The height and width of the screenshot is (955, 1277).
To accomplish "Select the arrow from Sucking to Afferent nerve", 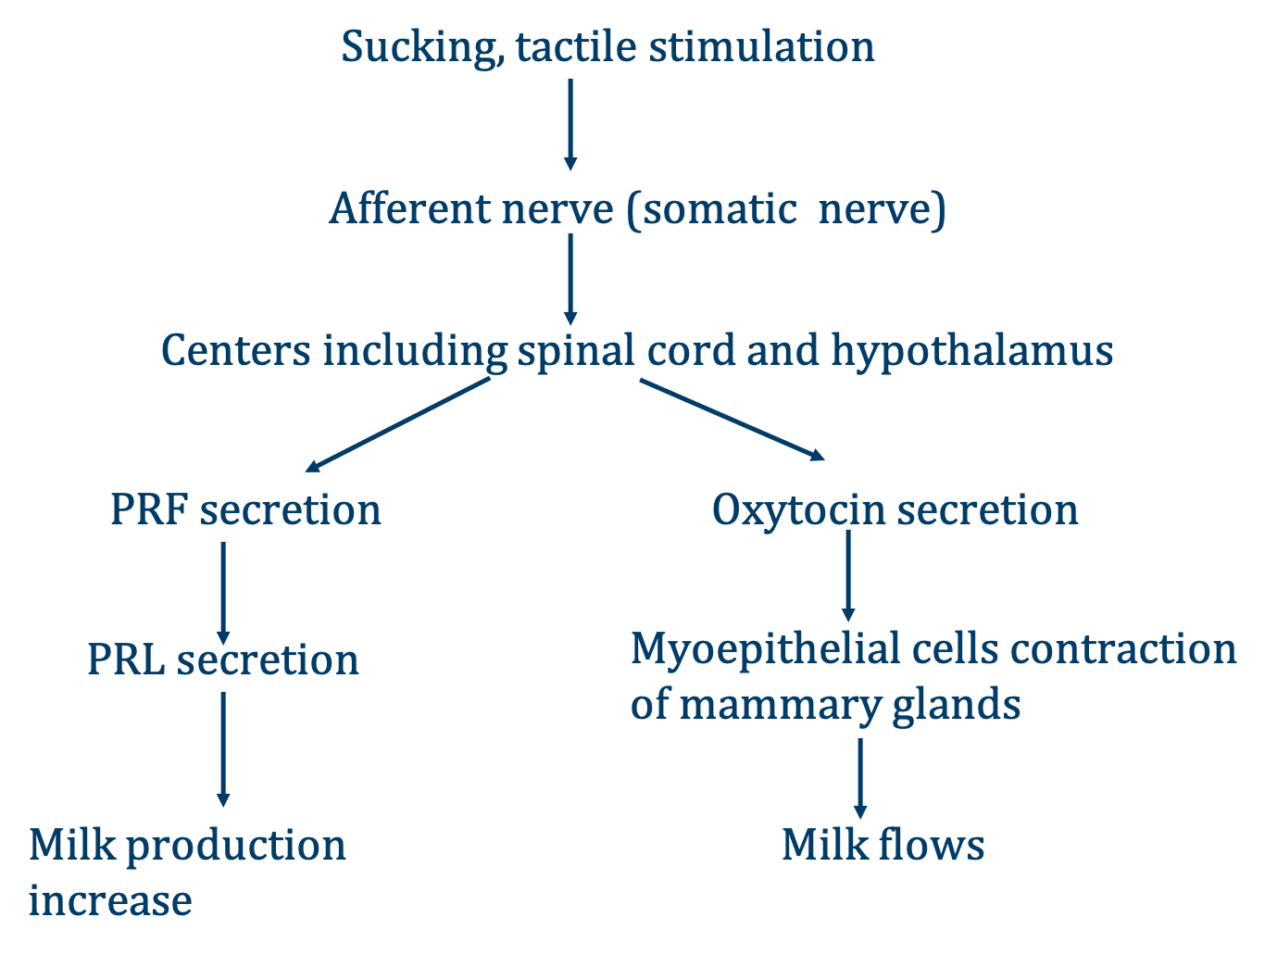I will tap(570, 124).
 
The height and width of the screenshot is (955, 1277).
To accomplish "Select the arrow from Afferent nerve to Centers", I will tap(570, 278).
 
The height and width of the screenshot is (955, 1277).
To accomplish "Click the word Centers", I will tap(236, 351).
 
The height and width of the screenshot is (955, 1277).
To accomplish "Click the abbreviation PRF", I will tap(148, 510).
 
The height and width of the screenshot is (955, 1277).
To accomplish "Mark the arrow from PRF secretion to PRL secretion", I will tap(223, 592).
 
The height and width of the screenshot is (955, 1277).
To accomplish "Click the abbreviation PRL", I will tap(126, 660).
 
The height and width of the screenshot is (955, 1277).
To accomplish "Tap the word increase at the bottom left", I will tap(110, 901).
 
